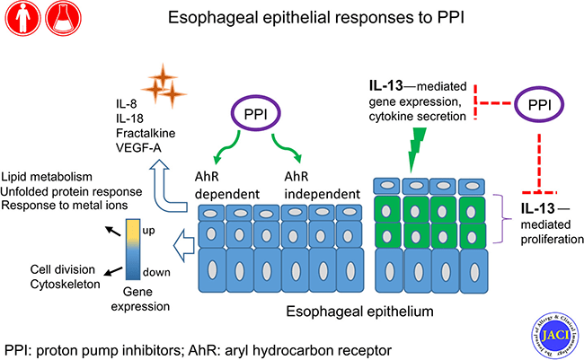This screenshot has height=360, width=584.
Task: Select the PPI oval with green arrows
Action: click(257, 115)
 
